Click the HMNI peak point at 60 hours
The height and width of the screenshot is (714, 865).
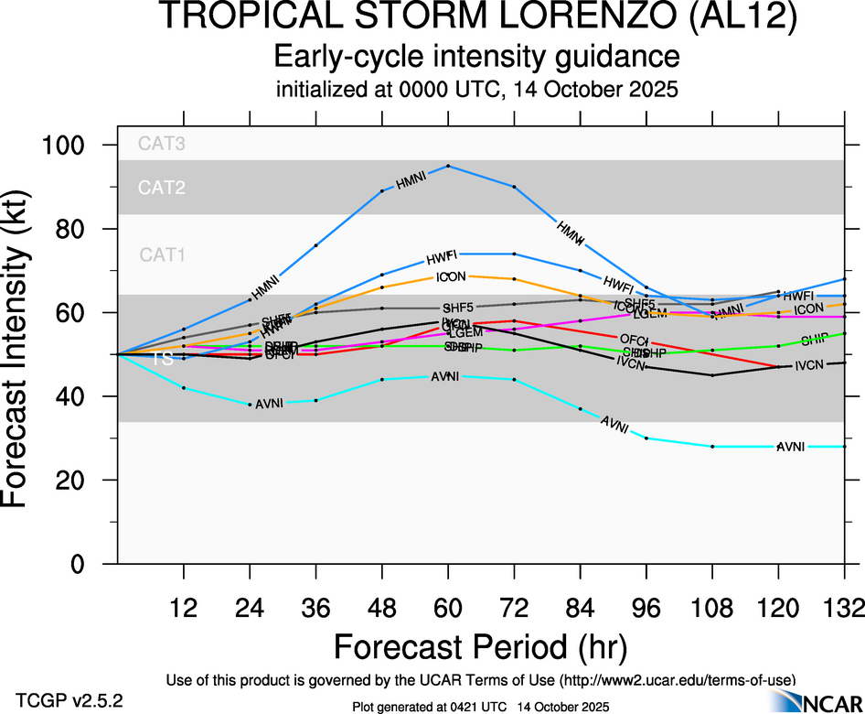coord(448,166)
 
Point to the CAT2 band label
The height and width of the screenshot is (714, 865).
coord(162,189)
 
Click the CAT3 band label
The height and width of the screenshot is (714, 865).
coord(162,143)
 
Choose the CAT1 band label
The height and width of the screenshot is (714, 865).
coord(162,255)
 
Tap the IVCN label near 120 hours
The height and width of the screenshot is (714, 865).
coord(810,366)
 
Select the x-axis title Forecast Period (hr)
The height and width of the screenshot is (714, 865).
coord(480,646)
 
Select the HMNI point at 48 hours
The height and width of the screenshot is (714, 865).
coord(382,190)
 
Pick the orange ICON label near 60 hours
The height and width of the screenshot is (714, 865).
coord(448,277)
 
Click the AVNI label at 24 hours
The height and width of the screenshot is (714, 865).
coord(270,404)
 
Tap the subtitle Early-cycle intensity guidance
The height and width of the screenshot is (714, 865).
coord(477,57)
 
